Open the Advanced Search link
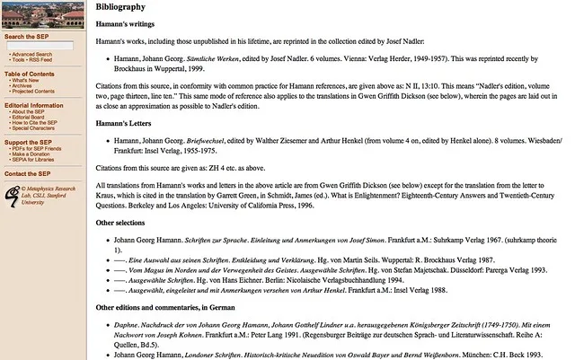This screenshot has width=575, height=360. tap(32, 54)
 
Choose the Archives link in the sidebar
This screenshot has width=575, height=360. tap(23, 85)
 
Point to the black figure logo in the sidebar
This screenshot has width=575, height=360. tap(13, 193)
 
